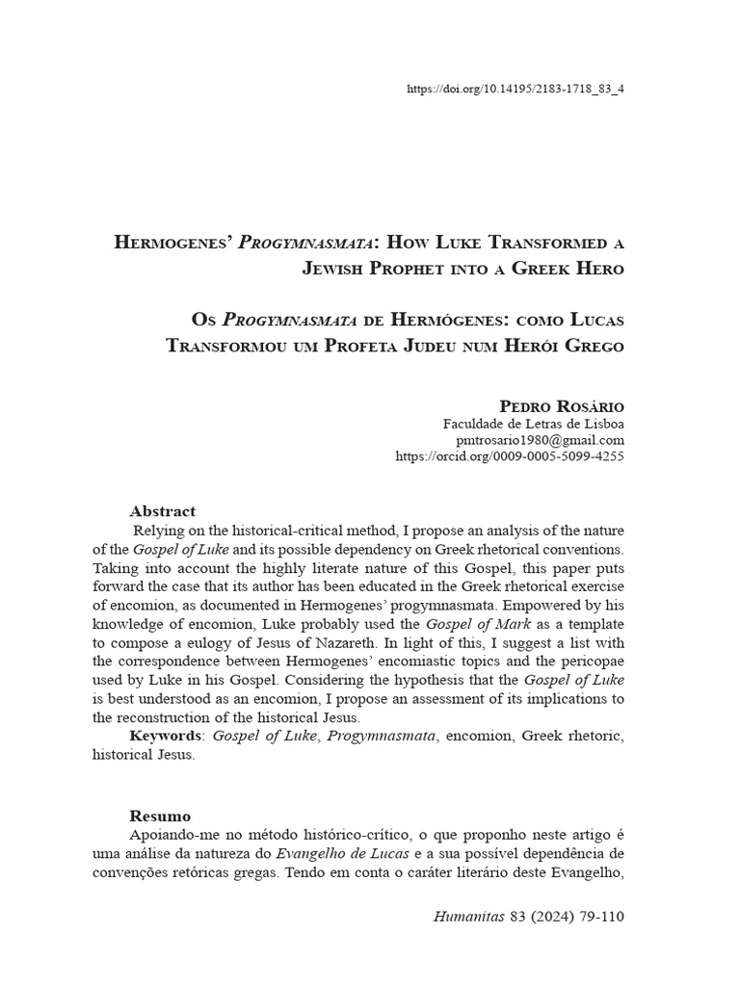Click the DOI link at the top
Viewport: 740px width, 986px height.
click(x=515, y=89)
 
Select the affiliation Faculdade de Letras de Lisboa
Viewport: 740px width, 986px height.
click(x=533, y=424)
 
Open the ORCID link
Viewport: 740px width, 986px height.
click(x=510, y=456)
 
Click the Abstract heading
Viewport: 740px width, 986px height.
click(x=163, y=511)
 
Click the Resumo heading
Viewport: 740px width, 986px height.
click(x=160, y=815)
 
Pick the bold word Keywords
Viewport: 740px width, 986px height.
click(x=166, y=736)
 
